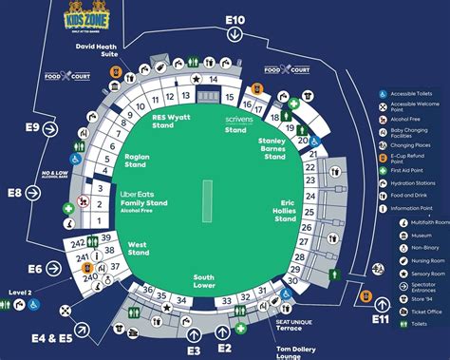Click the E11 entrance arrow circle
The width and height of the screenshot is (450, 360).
tap(381, 303)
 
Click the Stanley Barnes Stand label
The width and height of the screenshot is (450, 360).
tap(274, 149)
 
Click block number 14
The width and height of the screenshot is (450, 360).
tap(215, 80)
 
